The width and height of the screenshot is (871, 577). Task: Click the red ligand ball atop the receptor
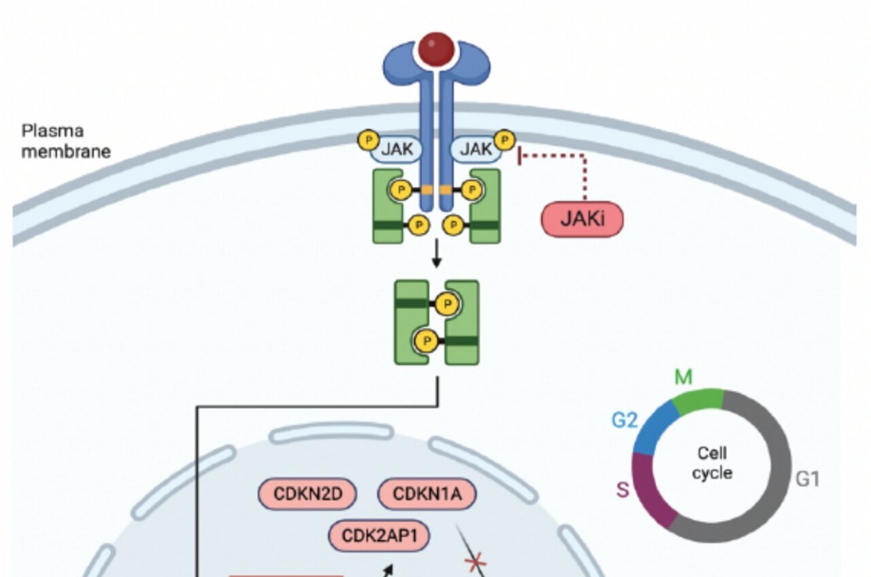click(436, 49)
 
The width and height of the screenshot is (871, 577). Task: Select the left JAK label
click(396, 149)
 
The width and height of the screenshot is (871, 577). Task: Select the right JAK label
click(476, 149)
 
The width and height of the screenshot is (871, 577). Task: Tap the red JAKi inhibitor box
click(582, 219)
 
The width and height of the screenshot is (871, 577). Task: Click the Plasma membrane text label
click(66, 141)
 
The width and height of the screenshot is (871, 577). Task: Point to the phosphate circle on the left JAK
click(368, 140)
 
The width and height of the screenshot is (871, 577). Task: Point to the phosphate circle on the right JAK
click(504, 140)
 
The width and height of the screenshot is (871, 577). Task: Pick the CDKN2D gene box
click(308, 495)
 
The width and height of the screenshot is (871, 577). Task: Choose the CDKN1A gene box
click(426, 495)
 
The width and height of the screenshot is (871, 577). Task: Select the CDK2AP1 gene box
click(379, 536)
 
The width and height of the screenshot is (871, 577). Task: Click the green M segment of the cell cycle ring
click(700, 402)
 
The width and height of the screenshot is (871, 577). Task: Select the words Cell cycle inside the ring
click(712, 463)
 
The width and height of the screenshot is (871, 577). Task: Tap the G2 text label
click(624, 420)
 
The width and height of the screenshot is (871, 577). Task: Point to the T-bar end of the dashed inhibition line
click(521, 156)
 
